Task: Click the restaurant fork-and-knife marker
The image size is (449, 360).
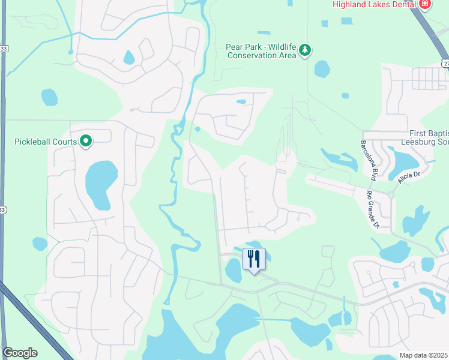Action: [x=254, y=259]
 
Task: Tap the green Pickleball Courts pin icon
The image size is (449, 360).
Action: [x=86, y=142]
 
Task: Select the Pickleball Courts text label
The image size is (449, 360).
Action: [x=46, y=142]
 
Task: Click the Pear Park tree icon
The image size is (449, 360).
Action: [x=305, y=50]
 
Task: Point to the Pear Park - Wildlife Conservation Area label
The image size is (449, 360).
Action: [x=262, y=51]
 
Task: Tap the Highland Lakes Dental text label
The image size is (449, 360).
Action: [x=375, y=5]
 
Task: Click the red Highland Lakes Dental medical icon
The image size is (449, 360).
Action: [x=425, y=4]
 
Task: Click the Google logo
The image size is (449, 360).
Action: [x=20, y=353]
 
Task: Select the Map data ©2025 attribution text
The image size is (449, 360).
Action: [x=424, y=355]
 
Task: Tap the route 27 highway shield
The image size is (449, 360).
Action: [x=445, y=62]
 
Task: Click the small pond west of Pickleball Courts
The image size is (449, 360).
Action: [x=49, y=97]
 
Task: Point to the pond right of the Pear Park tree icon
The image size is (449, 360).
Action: [x=322, y=68]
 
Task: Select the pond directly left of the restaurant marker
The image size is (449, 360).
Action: [x=234, y=271]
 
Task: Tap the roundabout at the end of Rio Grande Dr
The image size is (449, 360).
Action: [x=391, y=195]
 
